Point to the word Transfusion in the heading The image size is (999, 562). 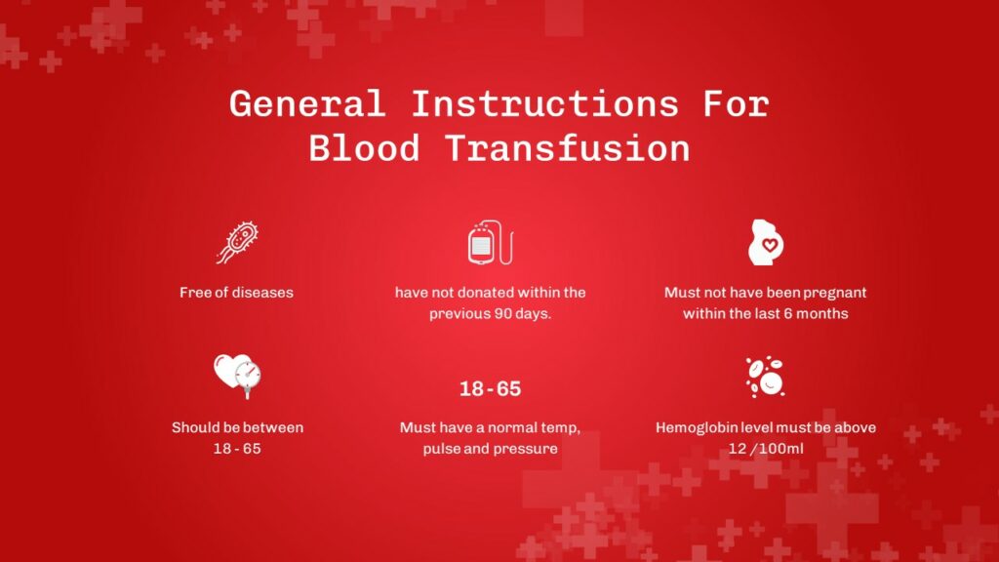pyautogui.click(x=568, y=148)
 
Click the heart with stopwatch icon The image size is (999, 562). pyautogui.click(x=237, y=376)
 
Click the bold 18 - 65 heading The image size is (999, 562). pyautogui.click(x=490, y=389)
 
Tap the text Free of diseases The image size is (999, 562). pyautogui.click(x=236, y=293)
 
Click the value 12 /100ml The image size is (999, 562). pyautogui.click(x=765, y=449)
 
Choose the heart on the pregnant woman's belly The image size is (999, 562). pyautogui.click(x=770, y=246)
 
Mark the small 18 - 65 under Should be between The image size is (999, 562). pyautogui.click(x=237, y=449)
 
